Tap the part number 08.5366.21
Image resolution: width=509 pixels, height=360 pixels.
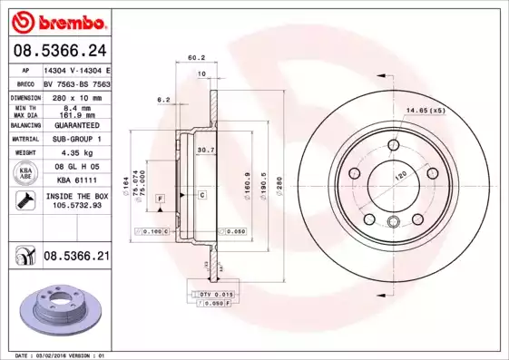76,258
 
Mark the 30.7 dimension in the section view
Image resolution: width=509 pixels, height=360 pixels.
205,150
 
